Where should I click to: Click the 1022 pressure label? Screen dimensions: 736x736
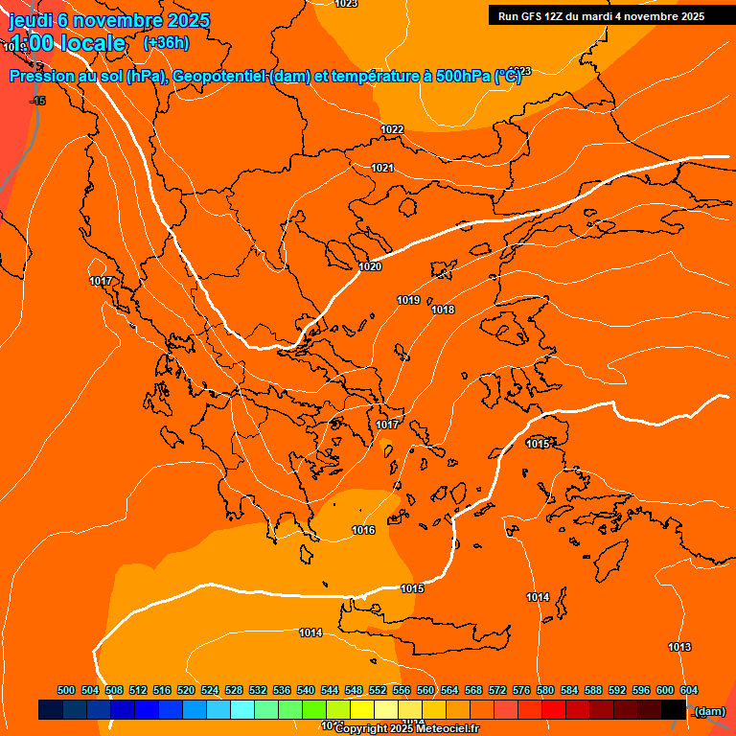pyautogui.click(x=392, y=129)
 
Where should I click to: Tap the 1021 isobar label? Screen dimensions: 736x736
pyautogui.click(x=382, y=168)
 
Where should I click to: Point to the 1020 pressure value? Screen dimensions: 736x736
pyautogui.click(x=370, y=266)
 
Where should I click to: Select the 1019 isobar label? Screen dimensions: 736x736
pyautogui.click(x=408, y=300)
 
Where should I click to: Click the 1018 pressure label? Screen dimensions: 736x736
pyautogui.click(x=443, y=310)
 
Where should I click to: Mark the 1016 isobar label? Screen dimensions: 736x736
pyautogui.click(x=363, y=530)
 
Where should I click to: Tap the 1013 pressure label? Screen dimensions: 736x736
pyautogui.click(x=679, y=647)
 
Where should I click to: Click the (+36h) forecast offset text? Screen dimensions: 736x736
pyautogui.click(x=166, y=43)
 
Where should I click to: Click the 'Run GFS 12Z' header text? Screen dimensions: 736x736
pyautogui.click(x=531, y=16)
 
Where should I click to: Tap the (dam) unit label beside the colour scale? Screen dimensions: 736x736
pyautogui.click(x=709, y=710)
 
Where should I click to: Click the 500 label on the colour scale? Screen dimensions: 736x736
pyautogui.click(x=66, y=690)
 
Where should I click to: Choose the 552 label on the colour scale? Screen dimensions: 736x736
pyautogui.click(x=378, y=690)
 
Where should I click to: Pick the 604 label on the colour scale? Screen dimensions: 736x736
pyautogui.click(x=689, y=690)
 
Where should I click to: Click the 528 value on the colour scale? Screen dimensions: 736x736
pyautogui.click(x=234, y=690)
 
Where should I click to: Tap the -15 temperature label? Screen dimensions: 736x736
pyautogui.click(x=38, y=101)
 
